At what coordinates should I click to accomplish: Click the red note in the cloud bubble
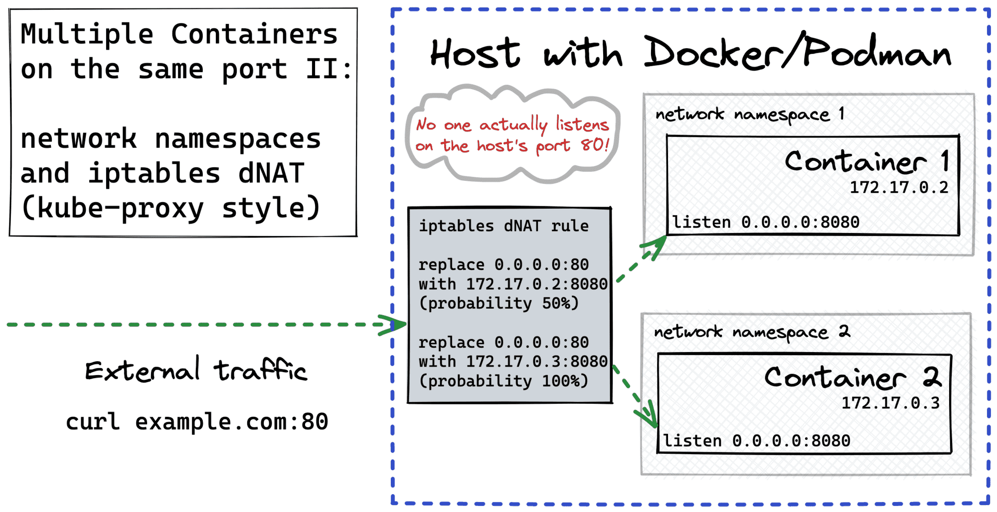pos(512,135)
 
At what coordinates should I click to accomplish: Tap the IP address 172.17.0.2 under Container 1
pos(898,188)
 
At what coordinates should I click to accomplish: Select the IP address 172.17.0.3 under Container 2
pos(890,403)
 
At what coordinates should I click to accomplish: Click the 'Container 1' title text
pos(867,162)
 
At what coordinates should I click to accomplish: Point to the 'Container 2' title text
pos(852,378)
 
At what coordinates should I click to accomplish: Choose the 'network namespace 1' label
pos(749,115)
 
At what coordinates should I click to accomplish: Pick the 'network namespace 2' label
pos(752,332)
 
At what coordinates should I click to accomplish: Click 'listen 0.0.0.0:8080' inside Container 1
pos(765,222)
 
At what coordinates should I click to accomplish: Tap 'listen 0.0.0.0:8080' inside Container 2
pos(756,441)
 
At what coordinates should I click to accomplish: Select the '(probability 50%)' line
pos(498,303)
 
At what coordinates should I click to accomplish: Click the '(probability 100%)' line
pos(503,381)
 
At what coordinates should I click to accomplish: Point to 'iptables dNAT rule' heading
pos(503,226)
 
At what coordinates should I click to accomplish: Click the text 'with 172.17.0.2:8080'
pos(513,284)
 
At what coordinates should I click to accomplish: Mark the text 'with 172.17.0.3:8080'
pos(513,362)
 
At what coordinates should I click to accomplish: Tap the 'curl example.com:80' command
pos(197,422)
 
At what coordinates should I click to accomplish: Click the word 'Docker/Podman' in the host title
pos(798,53)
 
